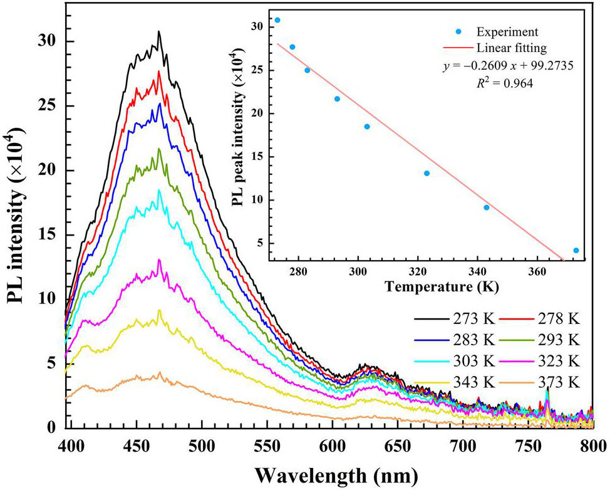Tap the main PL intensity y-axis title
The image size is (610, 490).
17,216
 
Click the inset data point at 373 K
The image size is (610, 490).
576,251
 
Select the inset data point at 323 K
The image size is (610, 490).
426,174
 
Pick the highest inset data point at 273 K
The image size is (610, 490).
277,20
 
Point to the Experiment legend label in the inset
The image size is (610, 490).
508,31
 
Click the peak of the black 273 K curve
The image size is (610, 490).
159,31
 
